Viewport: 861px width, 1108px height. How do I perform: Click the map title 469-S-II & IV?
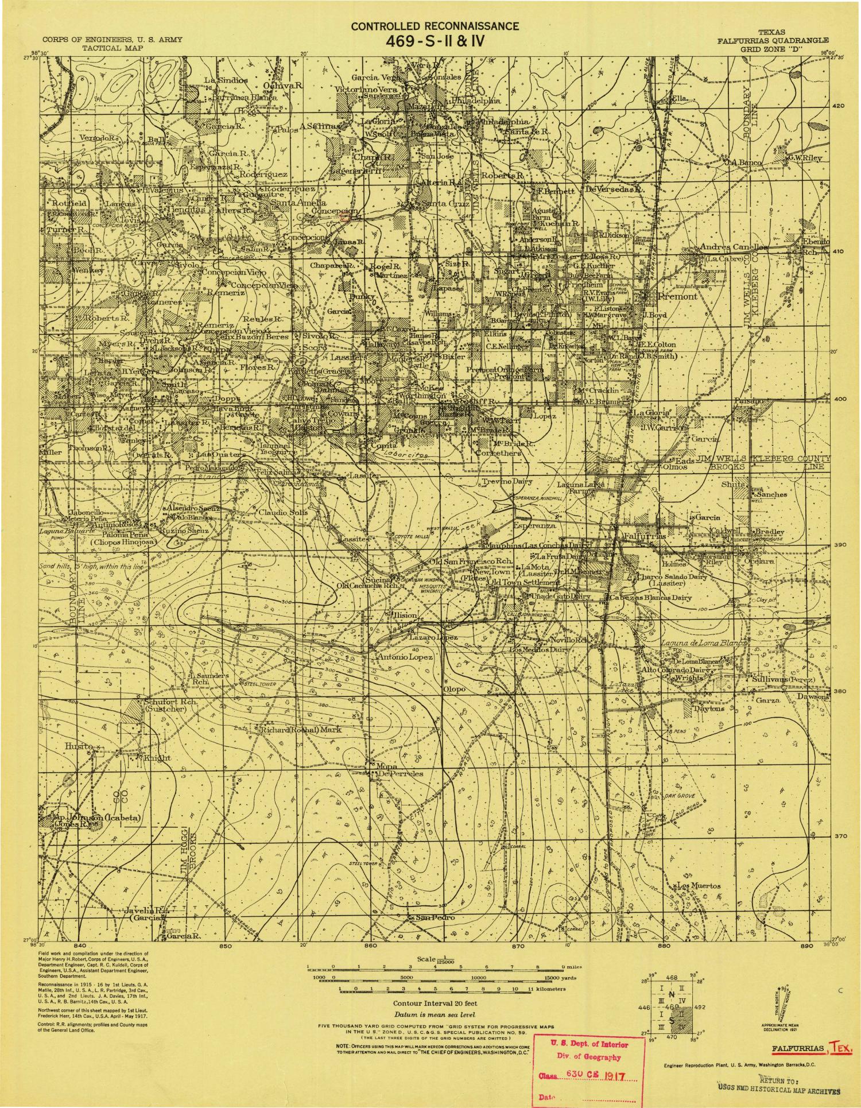tap(435, 41)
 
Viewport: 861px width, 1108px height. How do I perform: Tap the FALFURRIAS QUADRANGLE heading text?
tap(772, 41)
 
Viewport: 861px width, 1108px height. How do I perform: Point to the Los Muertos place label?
tap(699, 886)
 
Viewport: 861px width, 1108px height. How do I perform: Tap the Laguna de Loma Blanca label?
tap(705, 642)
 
